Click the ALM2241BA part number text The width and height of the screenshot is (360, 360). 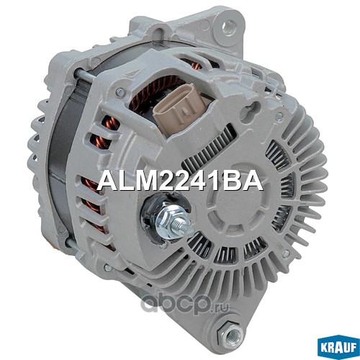pos(179,181)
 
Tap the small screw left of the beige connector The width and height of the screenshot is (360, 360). pos(120,92)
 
